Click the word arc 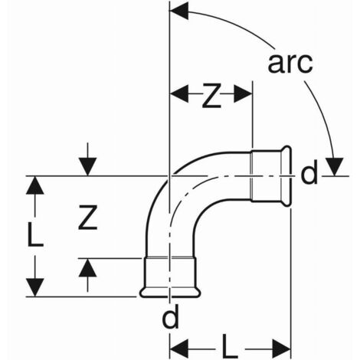(x=290, y=63)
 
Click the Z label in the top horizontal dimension (x=211, y=96)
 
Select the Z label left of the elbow (x=87, y=217)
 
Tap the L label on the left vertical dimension (x=35, y=235)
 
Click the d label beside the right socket (x=309, y=172)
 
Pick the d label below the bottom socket (x=171, y=316)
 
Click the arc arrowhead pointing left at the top (x=179, y=11)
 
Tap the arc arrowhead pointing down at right (x=335, y=167)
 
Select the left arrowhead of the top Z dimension (x=179, y=93)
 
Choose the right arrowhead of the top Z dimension (x=243, y=93)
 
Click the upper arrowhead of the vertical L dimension (x=35, y=185)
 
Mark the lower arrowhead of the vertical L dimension (x=35, y=287)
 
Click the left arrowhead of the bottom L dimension (x=179, y=349)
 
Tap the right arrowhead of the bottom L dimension (x=281, y=349)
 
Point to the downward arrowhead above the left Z (x=87, y=167)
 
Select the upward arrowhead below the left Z (x=87, y=267)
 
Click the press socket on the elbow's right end (x=270, y=176)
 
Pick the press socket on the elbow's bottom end (x=170, y=277)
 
